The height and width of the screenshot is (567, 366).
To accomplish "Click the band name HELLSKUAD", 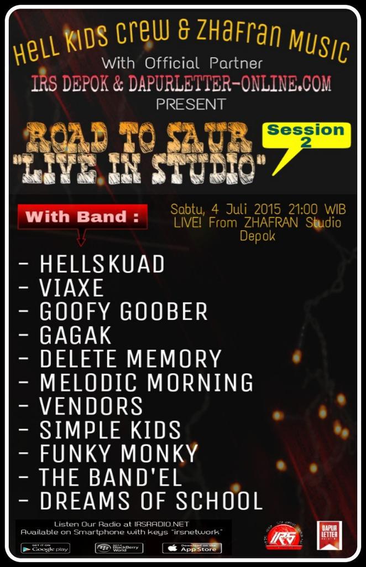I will point(102,265).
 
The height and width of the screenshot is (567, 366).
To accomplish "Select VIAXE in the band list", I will point(71,288).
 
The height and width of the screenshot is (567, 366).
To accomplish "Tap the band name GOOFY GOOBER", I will point(123,312).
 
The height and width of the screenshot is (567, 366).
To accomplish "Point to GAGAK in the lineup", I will point(75,336).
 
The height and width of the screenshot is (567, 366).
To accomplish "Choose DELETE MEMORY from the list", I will point(130,359).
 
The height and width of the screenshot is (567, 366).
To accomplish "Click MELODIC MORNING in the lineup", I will point(147,383).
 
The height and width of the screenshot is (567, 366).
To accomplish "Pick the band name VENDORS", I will point(91,406).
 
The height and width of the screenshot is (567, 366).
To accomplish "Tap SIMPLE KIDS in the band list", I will point(110,430).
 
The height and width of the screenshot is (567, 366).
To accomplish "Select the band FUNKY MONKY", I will point(118,453).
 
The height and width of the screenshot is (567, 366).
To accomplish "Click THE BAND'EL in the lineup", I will point(111,477).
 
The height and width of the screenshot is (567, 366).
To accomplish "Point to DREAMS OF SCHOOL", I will point(151,501).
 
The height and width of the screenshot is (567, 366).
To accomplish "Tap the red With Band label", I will point(82,217).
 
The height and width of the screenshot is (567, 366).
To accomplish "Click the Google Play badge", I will point(45,548).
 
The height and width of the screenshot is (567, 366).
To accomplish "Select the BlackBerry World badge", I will point(119,548).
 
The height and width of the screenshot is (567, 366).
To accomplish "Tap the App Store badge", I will point(192,548).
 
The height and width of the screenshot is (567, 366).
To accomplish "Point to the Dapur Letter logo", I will point(329,535).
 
